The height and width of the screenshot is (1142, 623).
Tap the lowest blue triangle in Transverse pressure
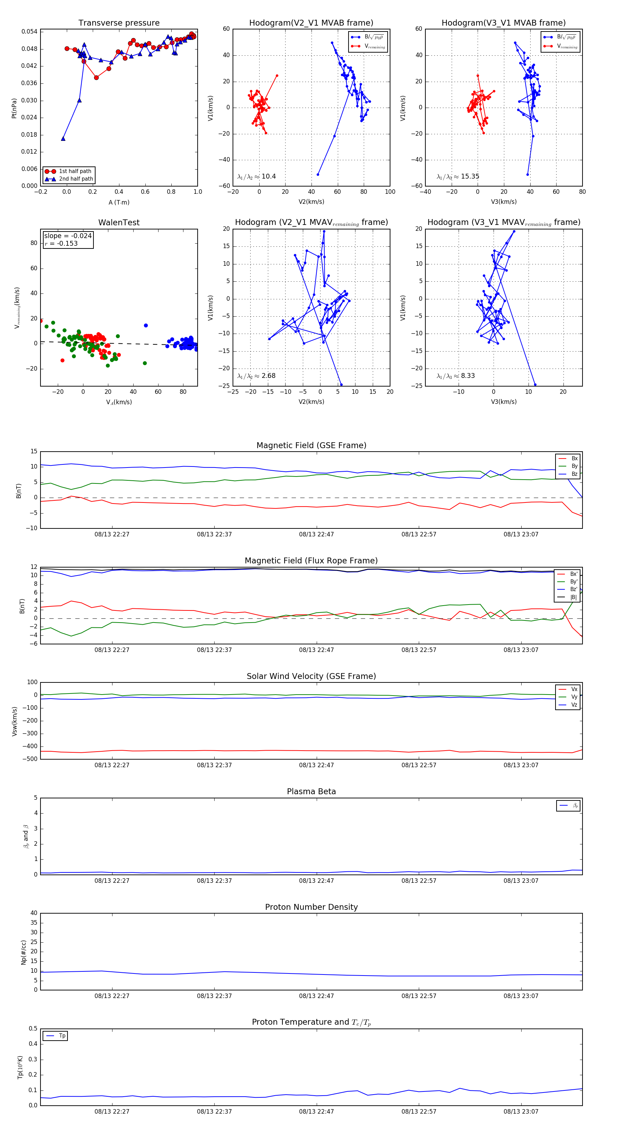(x=63, y=139)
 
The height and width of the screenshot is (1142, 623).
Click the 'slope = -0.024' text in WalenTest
(x=68, y=236)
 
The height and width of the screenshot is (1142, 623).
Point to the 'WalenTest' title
(x=119, y=223)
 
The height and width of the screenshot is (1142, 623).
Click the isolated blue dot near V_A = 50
(x=146, y=325)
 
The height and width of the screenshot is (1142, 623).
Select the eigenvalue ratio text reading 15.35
(x=458, y=176)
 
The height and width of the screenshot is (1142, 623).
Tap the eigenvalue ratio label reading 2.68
(x=256, y=376)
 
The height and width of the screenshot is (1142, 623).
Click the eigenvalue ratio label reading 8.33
(x=455, y=376)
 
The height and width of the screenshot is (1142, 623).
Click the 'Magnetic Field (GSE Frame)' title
(x=311, y=445)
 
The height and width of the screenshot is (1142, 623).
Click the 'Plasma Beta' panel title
(x=311, y=792)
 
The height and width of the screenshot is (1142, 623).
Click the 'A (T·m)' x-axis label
(x=119, y=202)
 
